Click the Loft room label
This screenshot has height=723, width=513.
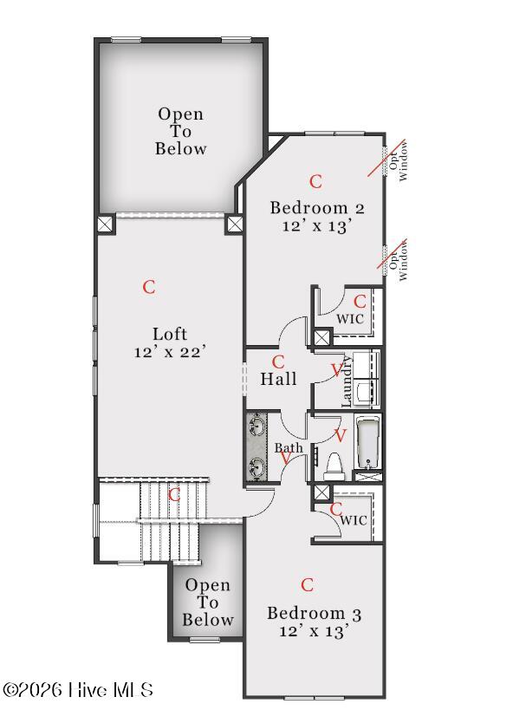pos(170,334)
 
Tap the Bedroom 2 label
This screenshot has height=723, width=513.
pos(317,207)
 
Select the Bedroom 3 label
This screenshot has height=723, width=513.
pos(314,613)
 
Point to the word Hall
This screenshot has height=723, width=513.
pos(278,379)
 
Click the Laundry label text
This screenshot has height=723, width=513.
pos(347,381)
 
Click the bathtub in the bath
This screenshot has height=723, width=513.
pos(367,442)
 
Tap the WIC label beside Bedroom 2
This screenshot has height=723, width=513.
pos(350,319)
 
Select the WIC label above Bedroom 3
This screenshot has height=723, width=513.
pos(354,521)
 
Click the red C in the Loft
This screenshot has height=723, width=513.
pos(149,287)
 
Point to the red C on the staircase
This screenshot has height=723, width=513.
pos(174,495)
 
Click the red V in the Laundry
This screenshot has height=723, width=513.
pos(337,370)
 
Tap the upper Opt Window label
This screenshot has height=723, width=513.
pos(399,161)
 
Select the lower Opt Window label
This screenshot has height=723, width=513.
pos(399,260)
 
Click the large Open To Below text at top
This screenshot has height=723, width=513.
pos(180,132)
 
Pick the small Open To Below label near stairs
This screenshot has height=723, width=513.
pos(207,602)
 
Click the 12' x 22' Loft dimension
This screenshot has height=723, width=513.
pos(170,352)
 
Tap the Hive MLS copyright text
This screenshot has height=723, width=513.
pos(77,690)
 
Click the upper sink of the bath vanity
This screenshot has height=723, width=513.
pos(256,424)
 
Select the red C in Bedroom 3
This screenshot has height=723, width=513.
pos(307,584)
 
